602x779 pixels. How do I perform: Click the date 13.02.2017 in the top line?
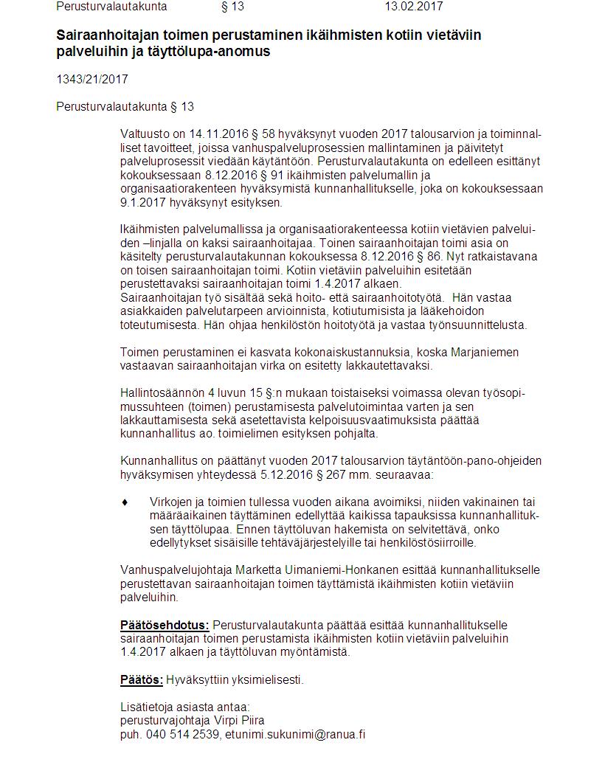(414, 7)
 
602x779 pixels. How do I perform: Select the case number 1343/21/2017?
(92, 79)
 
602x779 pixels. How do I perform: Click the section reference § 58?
(262, 135)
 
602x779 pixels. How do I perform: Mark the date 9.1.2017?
(141, 202)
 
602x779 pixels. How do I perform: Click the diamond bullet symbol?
(125, 502)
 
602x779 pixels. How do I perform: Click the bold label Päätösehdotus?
(165, 625)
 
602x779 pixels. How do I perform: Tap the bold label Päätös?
(141, 679)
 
